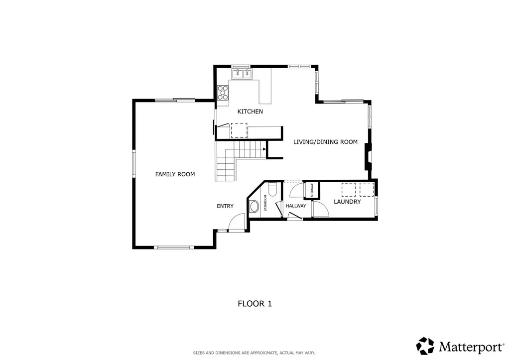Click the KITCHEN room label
coord(250,112)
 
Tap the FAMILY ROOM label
coord(175,174)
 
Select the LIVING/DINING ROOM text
coord(325,142)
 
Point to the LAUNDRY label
coord(347,202)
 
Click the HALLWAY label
coord(296,206)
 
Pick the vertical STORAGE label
coord(312,191)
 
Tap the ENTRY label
coord(225,206)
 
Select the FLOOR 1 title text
coord(255,303)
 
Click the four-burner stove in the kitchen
coord(223,93)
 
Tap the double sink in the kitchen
coord(243,74)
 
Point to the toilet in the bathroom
coord(272,190)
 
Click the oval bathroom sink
coord(254,207)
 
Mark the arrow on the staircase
coord(264,148)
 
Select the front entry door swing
coord(237,222)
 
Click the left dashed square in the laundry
coord(348,190)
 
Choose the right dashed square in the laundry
coord(366,190)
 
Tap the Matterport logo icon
coord(425,346)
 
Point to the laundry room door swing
coord(320,209)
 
